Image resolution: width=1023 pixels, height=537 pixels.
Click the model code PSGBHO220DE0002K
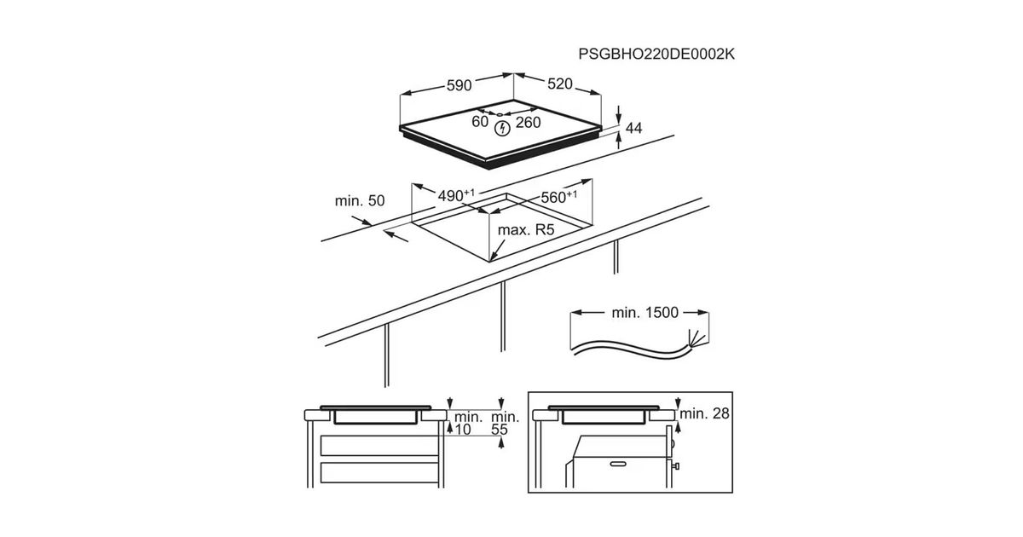coord(656,54)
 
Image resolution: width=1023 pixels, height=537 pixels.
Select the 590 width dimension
coord(459,84)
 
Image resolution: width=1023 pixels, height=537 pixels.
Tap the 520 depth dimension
coord(560,84)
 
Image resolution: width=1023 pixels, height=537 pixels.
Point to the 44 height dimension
coord(633,128)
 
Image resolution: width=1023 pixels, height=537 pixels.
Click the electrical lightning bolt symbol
coord(503,128)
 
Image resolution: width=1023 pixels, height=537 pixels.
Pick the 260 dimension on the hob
coord(529,123)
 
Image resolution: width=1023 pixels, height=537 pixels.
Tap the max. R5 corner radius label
coord(526,229)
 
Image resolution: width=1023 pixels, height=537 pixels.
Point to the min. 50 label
coord(360,201)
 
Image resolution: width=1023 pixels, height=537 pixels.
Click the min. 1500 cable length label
coord(644,313)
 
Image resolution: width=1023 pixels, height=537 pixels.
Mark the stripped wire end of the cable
coord(697,338)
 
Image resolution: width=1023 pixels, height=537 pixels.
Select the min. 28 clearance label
coord(707,414)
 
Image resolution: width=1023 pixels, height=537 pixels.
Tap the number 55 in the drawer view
coord(500,430)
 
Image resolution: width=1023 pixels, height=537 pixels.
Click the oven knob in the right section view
coord(676,466)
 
